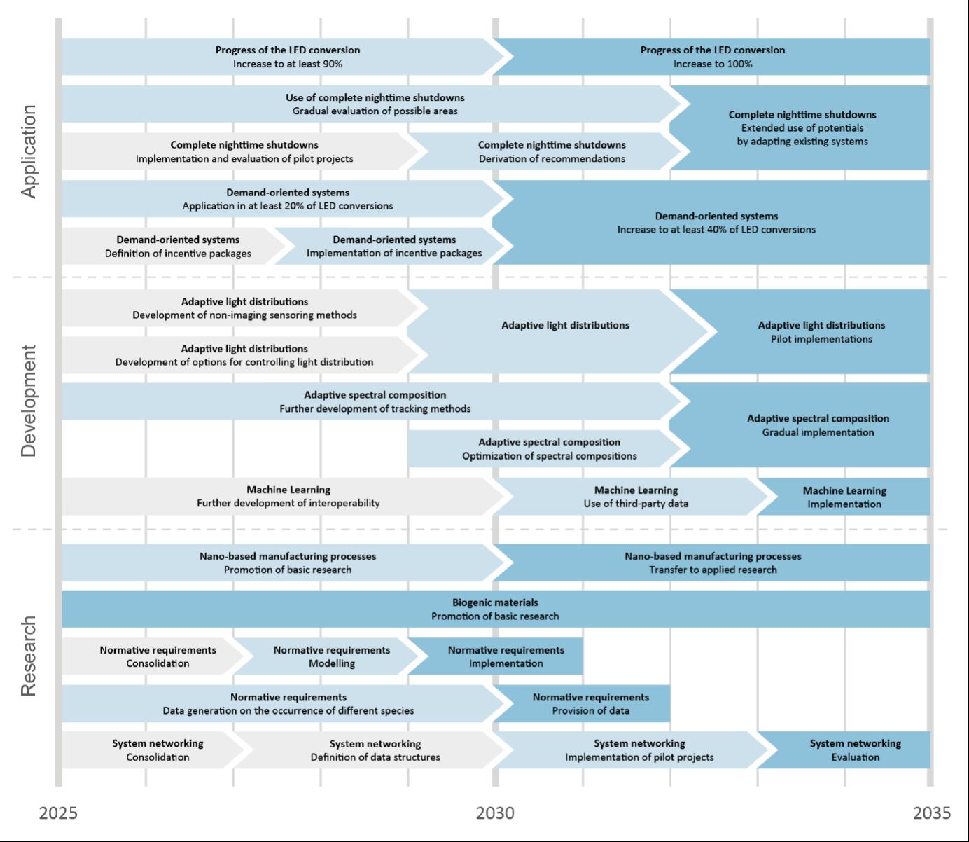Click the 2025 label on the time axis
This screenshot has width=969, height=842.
pos(58,813)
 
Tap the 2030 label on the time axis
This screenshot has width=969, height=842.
pos(495,813)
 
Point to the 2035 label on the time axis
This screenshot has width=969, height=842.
pos(932,813)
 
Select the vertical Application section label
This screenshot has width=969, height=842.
pos(29,151)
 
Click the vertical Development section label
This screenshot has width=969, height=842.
pos(29,401)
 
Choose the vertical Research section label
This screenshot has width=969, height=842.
pos(29,656)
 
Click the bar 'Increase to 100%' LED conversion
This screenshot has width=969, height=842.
pos(713,57)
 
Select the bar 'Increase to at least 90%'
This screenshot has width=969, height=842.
pos(287,57)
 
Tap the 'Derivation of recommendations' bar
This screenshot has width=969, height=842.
pos(552,151)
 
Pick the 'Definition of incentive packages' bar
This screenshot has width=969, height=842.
pos(178,247)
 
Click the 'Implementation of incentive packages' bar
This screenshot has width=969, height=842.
pos(394,247)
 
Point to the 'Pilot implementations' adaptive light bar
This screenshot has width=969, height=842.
pos(821,332)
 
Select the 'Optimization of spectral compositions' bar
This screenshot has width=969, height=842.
pos(549,449)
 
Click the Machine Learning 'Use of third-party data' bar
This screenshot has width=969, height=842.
pos(636,497)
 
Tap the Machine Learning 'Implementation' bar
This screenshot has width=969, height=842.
pos(844,497)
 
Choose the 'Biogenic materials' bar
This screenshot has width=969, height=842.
pos(495,609)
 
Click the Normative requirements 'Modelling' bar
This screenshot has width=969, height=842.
pos(331,656)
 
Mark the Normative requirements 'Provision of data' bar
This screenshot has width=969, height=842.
pos(590,704)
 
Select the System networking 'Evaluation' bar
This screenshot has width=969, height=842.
pos(855,750)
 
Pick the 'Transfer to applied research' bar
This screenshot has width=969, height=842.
pos(713,563)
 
